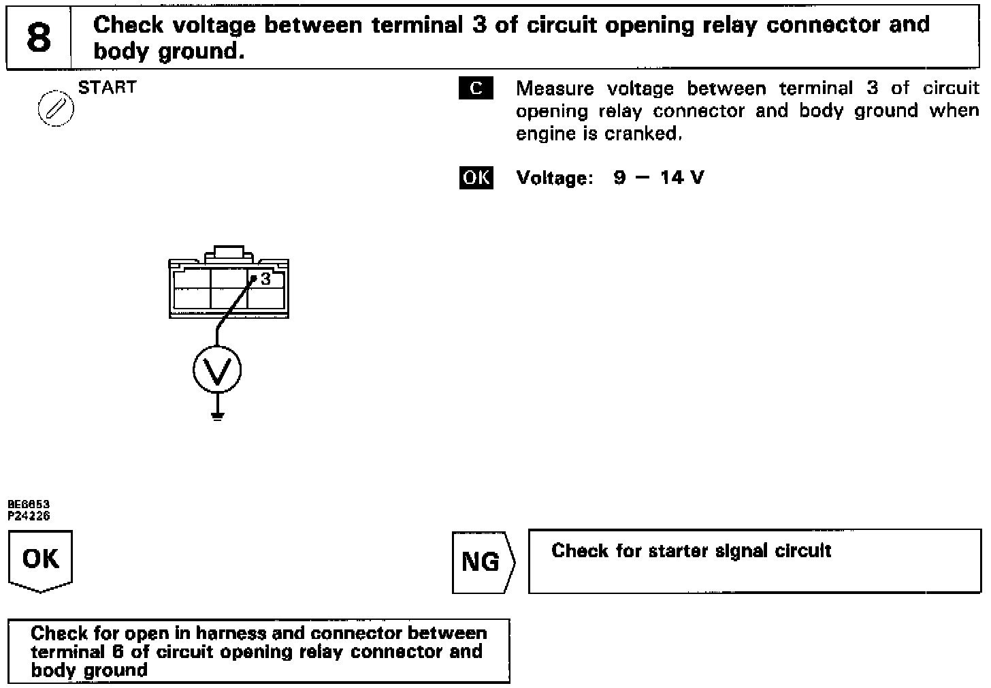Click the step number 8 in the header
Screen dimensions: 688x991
[x=39, y=37]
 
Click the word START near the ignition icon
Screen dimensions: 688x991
[x=107, y=87]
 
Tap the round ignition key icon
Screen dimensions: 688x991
[x=55, y=109]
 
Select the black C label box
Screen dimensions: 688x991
[x=476, y=89]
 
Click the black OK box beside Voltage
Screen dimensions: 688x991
[x=476, y=178]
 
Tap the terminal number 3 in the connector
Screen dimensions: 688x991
[x=265, y=279]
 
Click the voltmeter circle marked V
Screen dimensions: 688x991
[x=217, y=369]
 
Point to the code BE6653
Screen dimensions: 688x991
[x=29, y=504]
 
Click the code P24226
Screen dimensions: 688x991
[x=29, y=516]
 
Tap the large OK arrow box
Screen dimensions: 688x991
[x=40, y=560]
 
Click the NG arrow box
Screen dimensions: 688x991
[x=481, y=562]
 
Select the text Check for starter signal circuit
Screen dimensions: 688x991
[x=691, y=550]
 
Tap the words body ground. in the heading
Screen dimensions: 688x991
[x=168, y=51]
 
